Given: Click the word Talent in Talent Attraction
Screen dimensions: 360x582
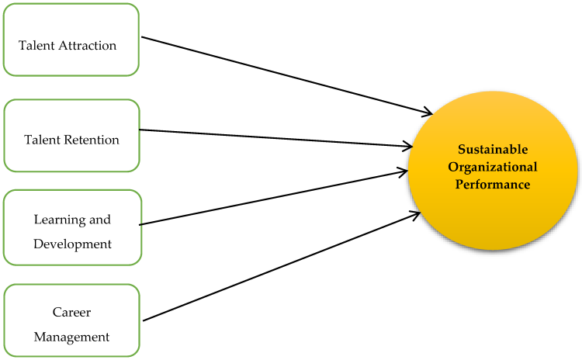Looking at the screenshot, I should pyautogui.click(x=35, y=45).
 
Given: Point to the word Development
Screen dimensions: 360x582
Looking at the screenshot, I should pyautogui.click(x=72, y=244).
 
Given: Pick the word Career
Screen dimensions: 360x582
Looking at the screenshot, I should pyautogui.click(x=72, y=313).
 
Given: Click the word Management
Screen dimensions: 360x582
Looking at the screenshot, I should pyautogui.click(x=72, y=337).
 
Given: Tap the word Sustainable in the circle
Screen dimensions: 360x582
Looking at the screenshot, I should pyautogui.click(x=493, y=148).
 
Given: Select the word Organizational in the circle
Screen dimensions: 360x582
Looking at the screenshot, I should pyautogui.click(x=493, y=166).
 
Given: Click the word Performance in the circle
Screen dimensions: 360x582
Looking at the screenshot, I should pyautogui.click(x=493, y=185).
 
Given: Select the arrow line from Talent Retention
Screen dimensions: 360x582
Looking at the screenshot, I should pyautogui.click(x=272, y=137).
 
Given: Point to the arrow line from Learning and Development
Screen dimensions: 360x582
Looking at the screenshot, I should pyautogui.click(x=272, y=197).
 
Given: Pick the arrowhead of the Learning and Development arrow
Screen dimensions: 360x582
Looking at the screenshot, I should pyautogui.click(x=405, y=170).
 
